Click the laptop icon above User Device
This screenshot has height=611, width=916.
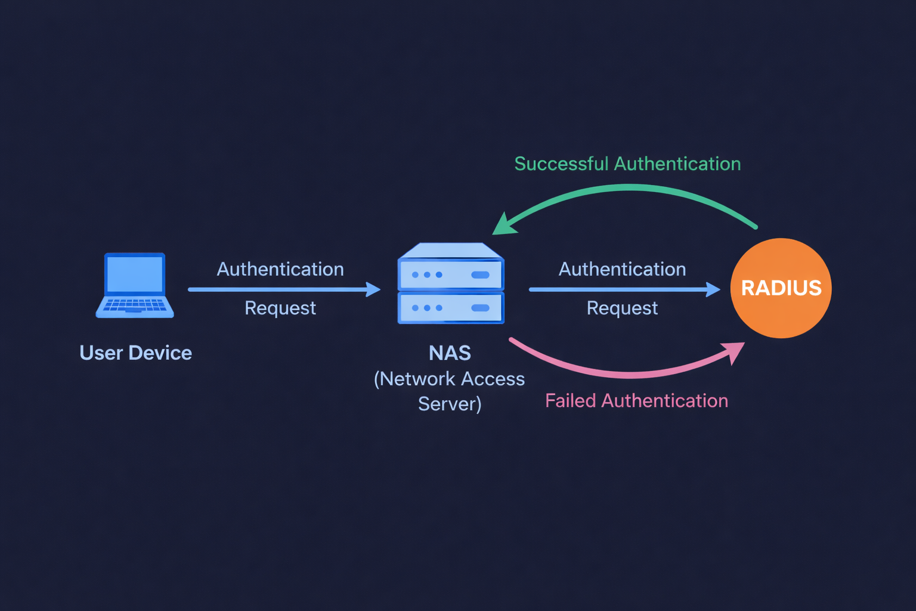tap(135, 285)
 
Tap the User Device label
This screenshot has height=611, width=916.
tap(135, 353)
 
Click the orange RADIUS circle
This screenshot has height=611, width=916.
tap(781, 288)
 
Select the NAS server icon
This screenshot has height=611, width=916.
tap(451, 283)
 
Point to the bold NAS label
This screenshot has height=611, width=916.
tap(450, 353)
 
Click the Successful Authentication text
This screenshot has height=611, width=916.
tap(627, 163)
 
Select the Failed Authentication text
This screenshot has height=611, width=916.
tap(636, 400)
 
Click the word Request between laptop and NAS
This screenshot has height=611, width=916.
tap(280, 308)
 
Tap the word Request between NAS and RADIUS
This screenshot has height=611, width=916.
tap(622, 308)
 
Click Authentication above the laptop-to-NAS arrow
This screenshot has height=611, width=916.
tap(280, 269)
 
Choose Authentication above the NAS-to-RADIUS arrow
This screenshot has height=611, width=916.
tap(622, 269)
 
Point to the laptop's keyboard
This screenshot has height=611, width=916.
tap(135, 305)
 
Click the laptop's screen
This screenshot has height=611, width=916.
tap(135, 274)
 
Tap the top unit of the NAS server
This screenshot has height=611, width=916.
tap(451, 274)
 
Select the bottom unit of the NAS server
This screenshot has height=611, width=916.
tap(451, 308)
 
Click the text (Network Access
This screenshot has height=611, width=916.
tap(449, 379)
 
